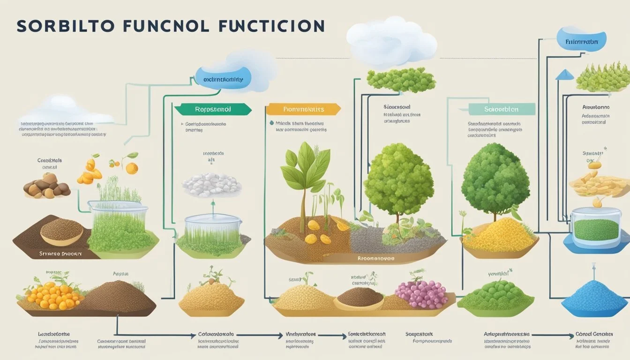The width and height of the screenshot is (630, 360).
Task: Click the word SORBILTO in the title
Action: [66, 26]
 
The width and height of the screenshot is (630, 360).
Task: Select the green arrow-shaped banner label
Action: [213, 110]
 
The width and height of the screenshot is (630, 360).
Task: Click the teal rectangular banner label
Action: [502, 110]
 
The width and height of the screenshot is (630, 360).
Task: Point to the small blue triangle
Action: [565, 75]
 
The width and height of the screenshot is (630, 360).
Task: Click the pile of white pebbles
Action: [211, 185]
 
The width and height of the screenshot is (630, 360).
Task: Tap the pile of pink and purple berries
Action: [421, 294]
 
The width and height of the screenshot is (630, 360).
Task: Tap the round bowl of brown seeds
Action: [61, 231]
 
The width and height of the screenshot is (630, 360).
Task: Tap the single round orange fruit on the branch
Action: [132, 168]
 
